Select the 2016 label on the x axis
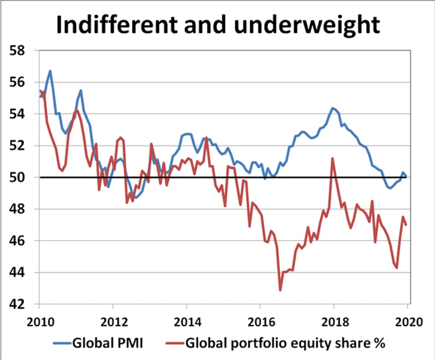click(260, 321)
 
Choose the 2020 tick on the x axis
click(407, 321)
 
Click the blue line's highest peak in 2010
click(50, 71)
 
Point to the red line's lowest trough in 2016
click(280, 290)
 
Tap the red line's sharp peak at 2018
click(333, 158)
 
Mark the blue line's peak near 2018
click(333, 108)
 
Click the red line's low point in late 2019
click(397, 268)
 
